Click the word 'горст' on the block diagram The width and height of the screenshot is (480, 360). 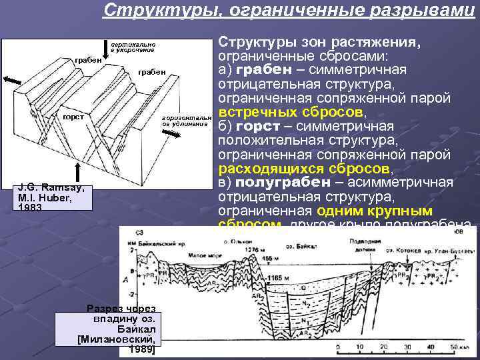(73, 117)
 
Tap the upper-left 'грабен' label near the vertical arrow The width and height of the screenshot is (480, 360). (88, 59)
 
